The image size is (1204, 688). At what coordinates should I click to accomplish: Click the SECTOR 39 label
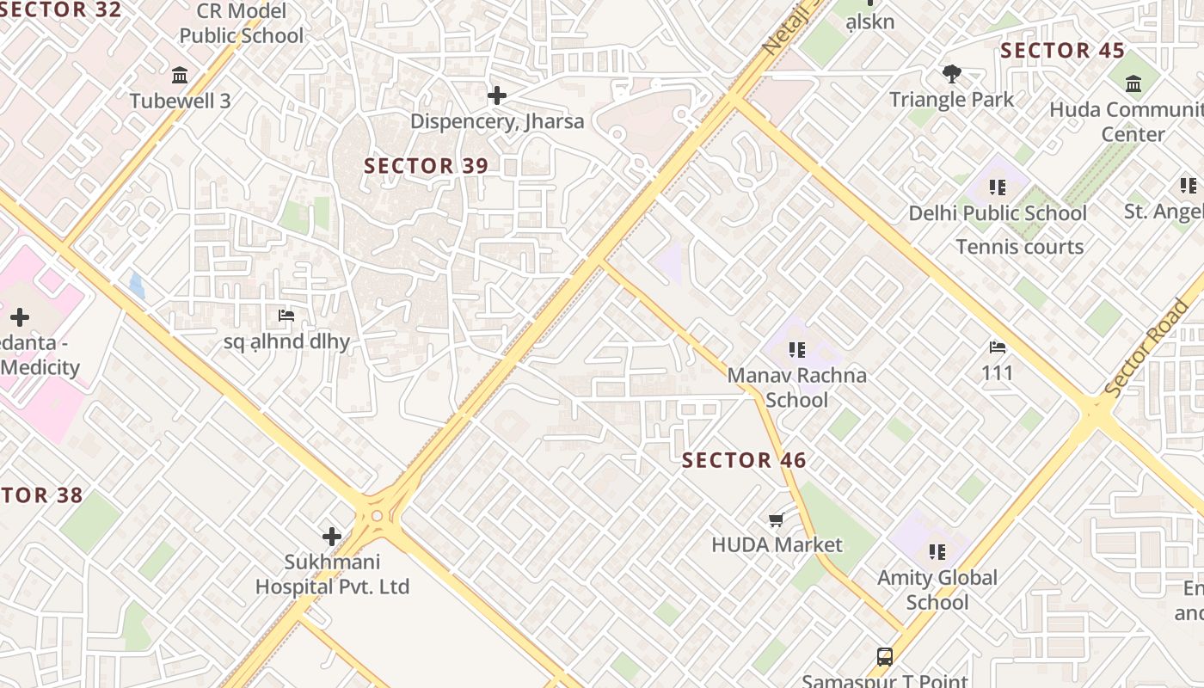(426, 166)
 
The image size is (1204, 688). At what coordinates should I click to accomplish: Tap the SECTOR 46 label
(744, 461)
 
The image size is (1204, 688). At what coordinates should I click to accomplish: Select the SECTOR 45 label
(1062, 51)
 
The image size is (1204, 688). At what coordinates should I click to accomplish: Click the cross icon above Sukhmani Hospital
(332, 537)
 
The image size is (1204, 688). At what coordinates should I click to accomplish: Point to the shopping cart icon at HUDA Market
(777, 519)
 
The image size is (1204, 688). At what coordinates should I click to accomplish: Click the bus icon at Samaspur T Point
(885, 657)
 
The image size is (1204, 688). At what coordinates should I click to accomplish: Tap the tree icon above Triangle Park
(951, 74)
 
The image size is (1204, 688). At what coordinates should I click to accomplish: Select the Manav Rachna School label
(796, 388)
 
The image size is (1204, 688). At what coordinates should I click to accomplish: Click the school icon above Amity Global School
(937, 551)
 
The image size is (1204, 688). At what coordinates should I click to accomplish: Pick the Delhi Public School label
(998, 213)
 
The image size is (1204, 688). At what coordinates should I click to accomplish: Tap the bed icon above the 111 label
(998, 347)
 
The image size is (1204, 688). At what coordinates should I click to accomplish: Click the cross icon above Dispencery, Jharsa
(496, 95)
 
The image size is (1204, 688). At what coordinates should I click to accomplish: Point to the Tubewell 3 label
(180, 101)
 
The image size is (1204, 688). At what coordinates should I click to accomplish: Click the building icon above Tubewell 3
(180, 76)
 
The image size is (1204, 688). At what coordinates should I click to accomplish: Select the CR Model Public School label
(241, 24)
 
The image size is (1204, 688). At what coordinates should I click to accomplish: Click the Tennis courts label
(1019, 248)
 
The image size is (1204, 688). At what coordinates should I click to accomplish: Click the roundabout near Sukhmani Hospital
(376, 517)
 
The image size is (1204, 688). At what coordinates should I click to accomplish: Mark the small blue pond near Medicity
(137, 285)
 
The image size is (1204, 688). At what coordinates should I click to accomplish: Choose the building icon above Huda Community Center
(1133, 84)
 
